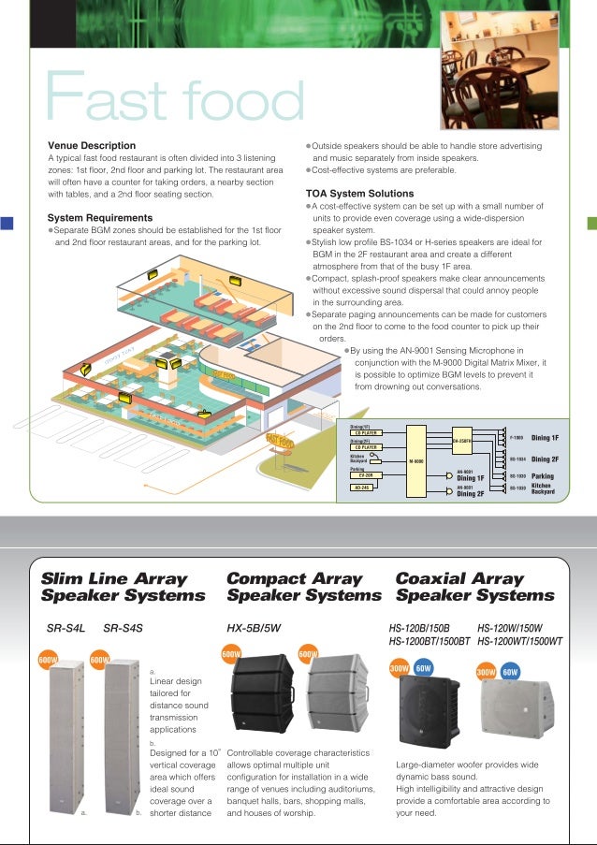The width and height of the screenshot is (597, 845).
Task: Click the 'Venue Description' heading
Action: (92, 146)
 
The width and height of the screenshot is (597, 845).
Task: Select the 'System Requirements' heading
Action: (101, 217)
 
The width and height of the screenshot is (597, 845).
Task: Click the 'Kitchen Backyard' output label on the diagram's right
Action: (544, 488)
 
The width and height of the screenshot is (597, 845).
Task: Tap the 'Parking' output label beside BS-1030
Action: (544, 475)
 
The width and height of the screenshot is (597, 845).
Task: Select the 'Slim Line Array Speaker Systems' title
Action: (123, 587)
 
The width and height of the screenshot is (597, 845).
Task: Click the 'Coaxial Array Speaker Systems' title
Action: (474, 587)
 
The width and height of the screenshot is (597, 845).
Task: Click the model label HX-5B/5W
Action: (254, 629)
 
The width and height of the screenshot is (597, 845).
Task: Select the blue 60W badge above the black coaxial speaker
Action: (422, 670)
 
